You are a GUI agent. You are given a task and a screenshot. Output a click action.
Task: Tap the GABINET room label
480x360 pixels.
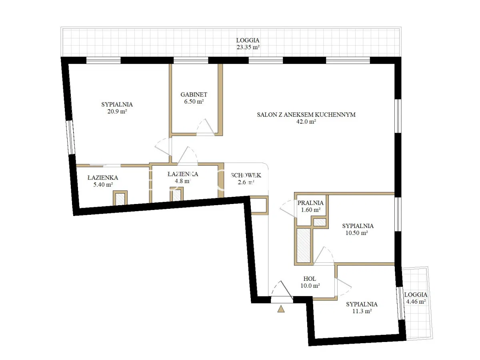coord(194,94)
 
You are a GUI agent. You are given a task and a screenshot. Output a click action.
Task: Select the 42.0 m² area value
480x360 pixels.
coord(306,122)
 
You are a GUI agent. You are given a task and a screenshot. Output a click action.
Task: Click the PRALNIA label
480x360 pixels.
coord(310,203)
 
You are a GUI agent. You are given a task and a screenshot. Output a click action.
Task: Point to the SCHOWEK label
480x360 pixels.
coord(246,175)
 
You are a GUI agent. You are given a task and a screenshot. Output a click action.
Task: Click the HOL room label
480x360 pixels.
coord(310,279)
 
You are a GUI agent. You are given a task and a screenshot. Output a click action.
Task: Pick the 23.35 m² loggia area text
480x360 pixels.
coord(248,47)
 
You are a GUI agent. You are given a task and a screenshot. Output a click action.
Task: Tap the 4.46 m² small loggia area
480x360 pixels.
coord(416,302)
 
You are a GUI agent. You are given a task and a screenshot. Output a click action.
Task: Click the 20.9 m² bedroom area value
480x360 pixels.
coord(117,111)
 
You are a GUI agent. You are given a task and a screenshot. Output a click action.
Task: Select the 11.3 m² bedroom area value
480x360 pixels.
coord(362,311)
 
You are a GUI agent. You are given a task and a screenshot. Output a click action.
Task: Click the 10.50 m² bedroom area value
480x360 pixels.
coord(356,233)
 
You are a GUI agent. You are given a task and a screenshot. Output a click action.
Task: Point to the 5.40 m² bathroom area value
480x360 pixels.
coord(103,184)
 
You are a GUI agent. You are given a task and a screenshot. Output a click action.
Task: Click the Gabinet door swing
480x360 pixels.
coord(206,127)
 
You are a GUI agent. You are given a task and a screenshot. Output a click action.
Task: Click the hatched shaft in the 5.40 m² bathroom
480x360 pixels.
coord(120,199)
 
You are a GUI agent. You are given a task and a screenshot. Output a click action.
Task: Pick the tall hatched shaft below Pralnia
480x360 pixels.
coord(304,245)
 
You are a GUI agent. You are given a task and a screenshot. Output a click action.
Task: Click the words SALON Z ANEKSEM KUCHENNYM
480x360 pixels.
coord(306,114)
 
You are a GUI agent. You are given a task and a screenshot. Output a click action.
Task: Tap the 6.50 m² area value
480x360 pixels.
coord(194,102)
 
